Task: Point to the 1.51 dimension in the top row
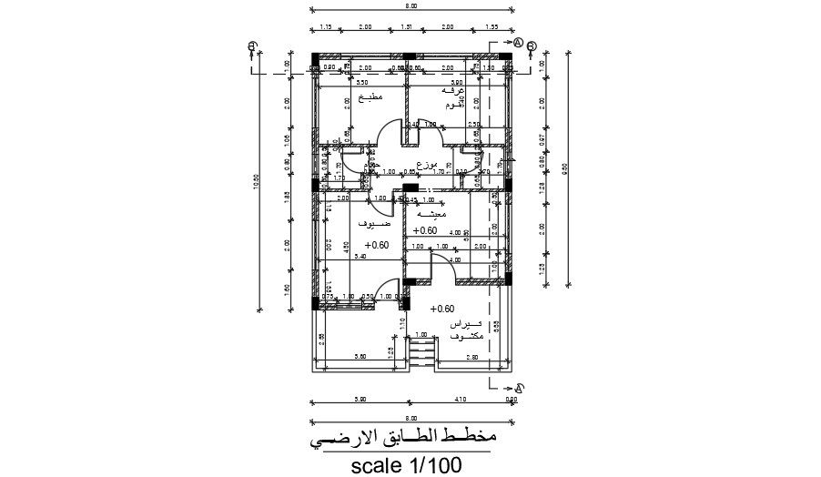point(407,27)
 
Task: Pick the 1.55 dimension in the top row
point(492,27)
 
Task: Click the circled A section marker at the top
point(517,43)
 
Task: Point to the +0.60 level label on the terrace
point(441,309)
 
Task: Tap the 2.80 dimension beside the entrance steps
point(471,358)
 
